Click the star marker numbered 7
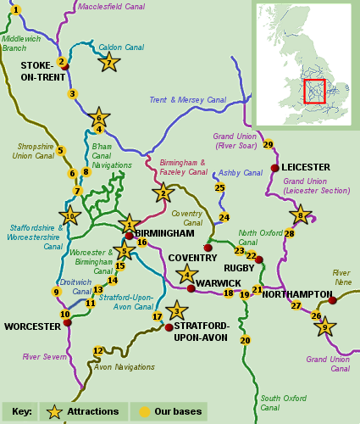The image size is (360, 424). coord(108,62)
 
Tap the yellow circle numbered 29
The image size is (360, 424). coord(269,144)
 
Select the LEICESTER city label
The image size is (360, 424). coord(306,167)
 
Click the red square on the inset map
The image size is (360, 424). coord(314,91)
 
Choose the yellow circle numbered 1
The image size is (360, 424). coord(16,10)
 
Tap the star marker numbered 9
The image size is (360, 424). coord(324,325)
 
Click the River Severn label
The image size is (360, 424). coord(44,357)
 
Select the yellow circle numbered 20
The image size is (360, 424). coord(246,340)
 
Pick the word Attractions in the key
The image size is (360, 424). coord(93,411)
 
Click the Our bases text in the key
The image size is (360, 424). coord(177,411)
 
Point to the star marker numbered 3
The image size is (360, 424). coord(176,310)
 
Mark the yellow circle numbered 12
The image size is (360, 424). coord(98,350)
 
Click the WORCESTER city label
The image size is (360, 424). coord(32,326)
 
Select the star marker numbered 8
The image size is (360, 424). coord(300,215)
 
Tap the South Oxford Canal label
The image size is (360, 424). coord(283,402)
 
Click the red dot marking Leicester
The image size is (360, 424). coord(274,168)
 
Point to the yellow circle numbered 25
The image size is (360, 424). coord(219,187)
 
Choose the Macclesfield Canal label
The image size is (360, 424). coord(111,7)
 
